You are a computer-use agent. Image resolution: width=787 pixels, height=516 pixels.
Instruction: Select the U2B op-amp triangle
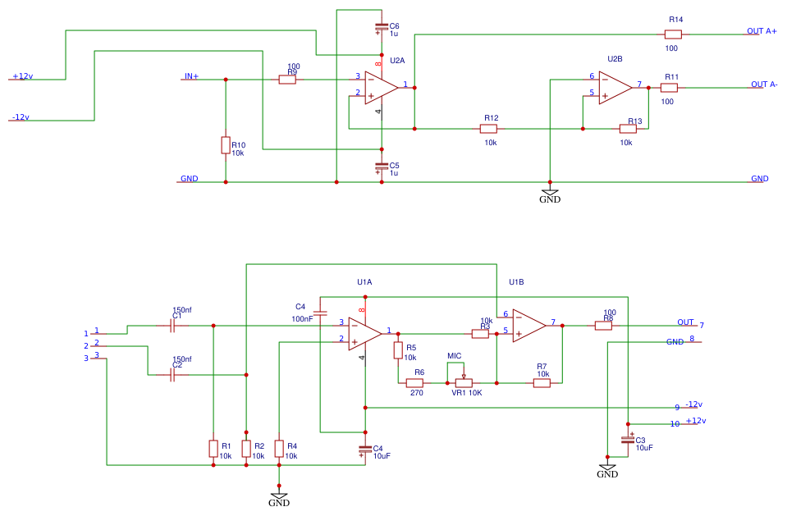pos(614,87)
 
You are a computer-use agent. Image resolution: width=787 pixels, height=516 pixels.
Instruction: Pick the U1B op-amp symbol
pos(528,325)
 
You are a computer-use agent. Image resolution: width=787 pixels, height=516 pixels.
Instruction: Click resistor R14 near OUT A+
pos(673,34)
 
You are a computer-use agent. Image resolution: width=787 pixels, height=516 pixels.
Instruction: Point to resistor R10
pos(226,145)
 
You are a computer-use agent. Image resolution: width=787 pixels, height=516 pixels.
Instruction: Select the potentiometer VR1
pos(464,382)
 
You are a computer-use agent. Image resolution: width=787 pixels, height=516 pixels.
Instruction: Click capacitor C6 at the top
pos(381,27)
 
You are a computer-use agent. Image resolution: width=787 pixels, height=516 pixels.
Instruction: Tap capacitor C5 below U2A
pos(381,167)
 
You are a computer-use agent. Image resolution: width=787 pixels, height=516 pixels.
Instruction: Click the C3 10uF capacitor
pos(628,441)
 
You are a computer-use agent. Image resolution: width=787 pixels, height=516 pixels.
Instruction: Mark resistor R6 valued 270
pos(414,382)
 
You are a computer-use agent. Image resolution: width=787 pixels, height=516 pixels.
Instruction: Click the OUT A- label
pos(764,84)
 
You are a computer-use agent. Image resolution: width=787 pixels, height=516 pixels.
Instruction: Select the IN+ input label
pos(191,76)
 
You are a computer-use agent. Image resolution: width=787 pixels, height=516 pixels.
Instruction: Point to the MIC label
pos(454,356)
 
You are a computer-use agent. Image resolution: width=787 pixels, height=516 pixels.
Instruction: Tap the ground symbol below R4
pos(279,498)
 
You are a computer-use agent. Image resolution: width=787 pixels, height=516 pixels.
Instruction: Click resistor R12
pos(488,129)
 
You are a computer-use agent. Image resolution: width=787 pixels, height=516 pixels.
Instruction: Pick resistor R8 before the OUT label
pos(603,325)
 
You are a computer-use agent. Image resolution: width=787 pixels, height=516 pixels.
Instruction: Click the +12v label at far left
pos(22,76)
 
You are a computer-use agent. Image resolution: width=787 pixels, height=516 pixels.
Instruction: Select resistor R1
pos(213,448)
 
